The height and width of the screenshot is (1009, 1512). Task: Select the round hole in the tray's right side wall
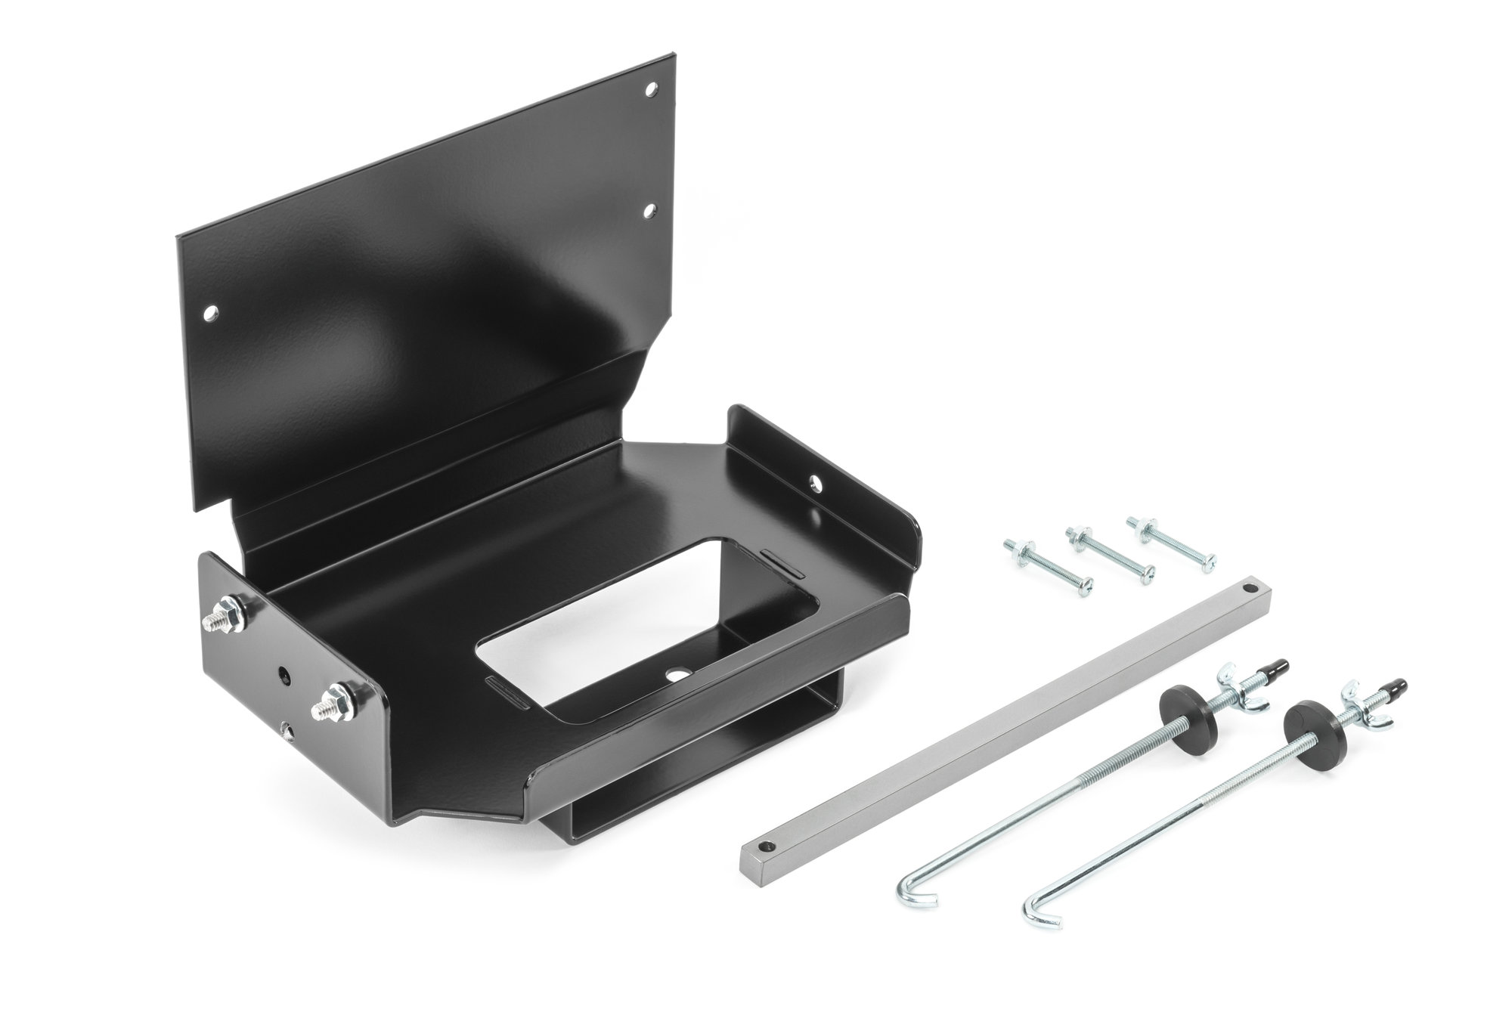click(817, 481)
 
